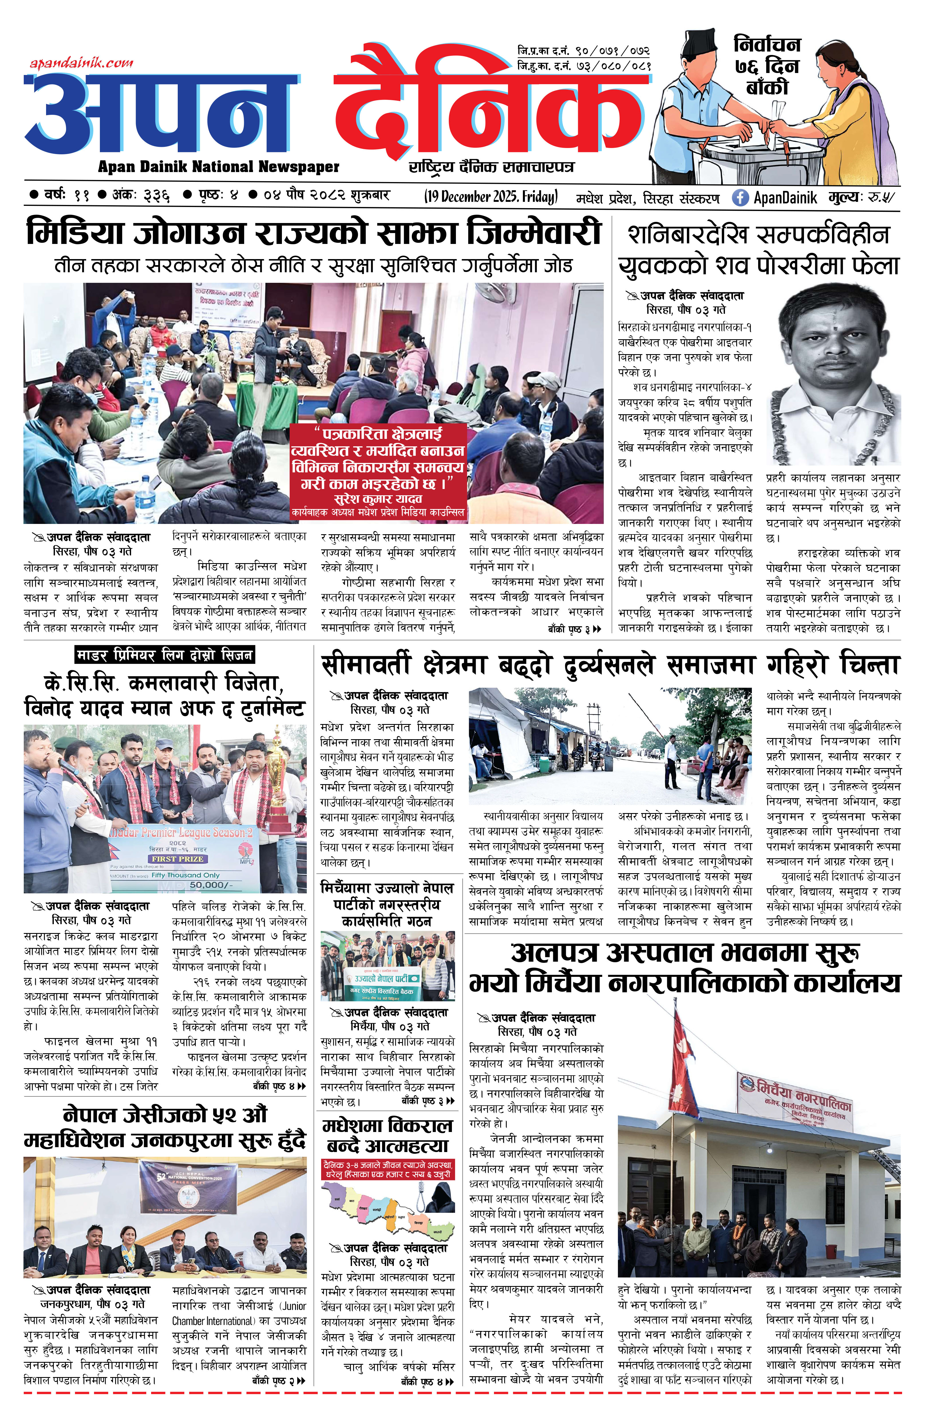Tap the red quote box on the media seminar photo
tap(378, 471)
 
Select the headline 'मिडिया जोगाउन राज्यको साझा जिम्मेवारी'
tap(314, 233)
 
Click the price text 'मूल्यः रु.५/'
tap(862, 198)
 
